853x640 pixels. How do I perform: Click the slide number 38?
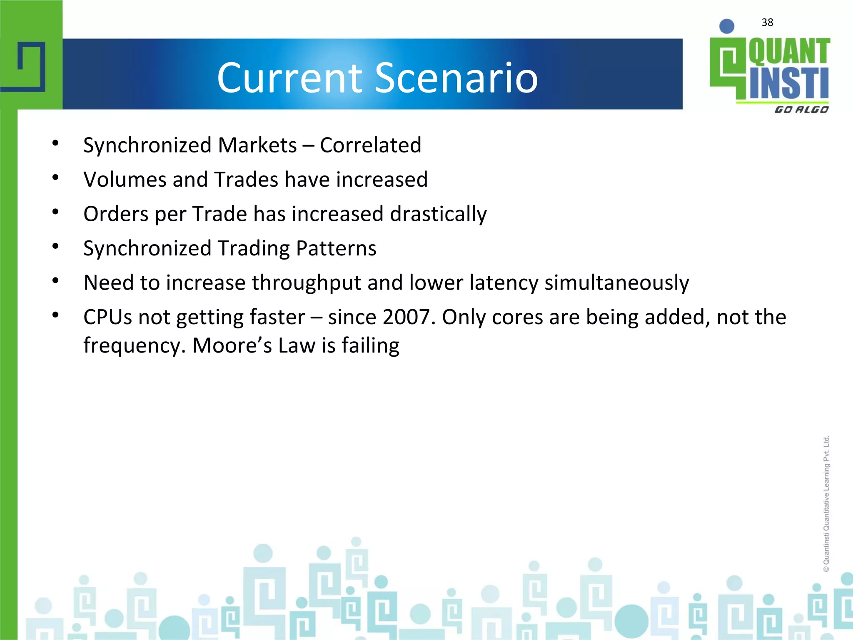point(767,22)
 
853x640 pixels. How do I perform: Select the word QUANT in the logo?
point(789,52)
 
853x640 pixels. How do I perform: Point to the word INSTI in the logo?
point(789,83)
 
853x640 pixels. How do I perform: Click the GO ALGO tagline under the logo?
point(801,110)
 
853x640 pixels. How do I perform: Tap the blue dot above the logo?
point(727,26)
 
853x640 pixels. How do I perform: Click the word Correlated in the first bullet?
point(370,145)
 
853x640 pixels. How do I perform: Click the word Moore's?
point(232,345)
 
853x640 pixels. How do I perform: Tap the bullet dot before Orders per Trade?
point(55,212)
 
